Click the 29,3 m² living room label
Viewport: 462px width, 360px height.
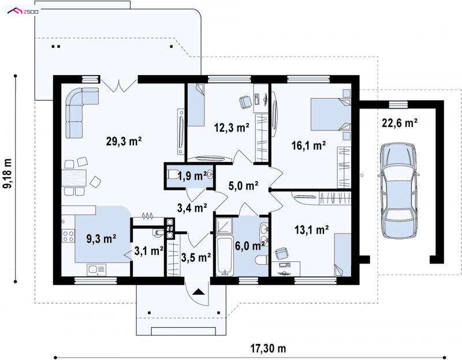(124, 141)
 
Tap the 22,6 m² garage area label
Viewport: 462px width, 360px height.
(400, 123)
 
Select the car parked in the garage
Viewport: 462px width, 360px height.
(398, 190)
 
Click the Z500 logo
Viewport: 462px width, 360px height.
(23, 12)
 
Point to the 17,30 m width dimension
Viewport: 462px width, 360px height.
(268, 348)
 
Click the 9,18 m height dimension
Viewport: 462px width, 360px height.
(8, 174)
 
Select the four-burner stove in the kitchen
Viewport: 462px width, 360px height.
(68, 235)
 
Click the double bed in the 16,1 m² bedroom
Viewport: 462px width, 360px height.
(331, 114)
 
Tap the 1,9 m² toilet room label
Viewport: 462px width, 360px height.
(192, 176)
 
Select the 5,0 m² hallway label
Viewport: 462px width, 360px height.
(243, 186)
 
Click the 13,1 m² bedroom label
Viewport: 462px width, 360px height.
(312, 230)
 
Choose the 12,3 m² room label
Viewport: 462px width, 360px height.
(232, 127)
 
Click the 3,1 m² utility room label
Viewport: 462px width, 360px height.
(149, 251)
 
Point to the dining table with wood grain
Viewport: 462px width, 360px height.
(74, 178)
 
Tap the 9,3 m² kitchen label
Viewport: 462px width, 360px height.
(101, 238)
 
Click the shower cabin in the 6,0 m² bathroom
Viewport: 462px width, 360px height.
(225, 226)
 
